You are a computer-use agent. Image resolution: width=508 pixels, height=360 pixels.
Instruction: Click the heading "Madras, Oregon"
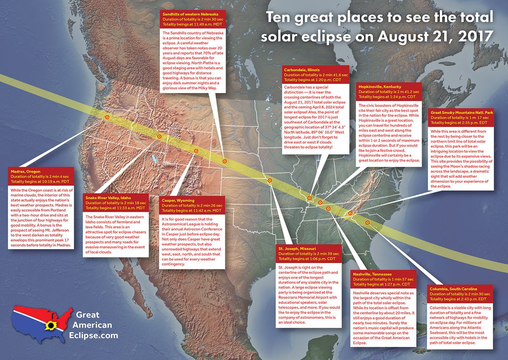[26, 170]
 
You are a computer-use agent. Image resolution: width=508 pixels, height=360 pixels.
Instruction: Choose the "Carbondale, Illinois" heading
[302, 69]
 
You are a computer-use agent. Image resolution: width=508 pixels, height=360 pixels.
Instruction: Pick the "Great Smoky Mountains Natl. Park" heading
[461, 112]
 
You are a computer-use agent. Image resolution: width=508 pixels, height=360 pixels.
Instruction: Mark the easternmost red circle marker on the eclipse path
[367, 223]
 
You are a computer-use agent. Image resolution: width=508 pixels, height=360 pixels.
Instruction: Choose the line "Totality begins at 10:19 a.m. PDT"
[39, 181]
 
